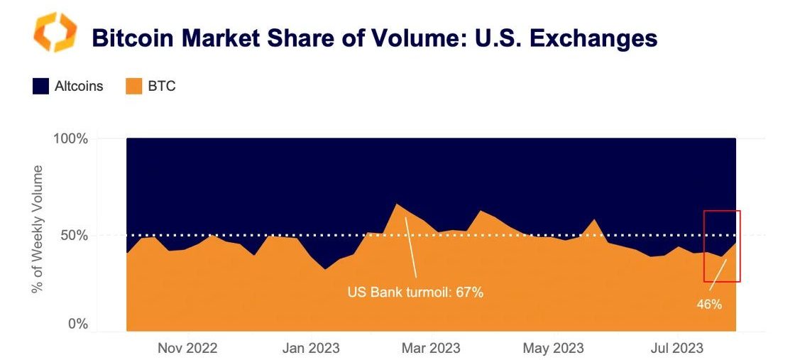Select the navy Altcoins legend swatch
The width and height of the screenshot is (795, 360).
pyautogui.click(x=40, y=87)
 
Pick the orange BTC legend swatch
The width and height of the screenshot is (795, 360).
pyautogui.click(x=134, y=87)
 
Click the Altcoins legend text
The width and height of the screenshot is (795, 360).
pyautogui.click(x=79, y=87)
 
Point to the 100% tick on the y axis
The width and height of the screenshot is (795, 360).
pyautogui.click(x=71, y=138)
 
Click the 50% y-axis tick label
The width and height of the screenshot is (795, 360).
pyautogui.click(x=75, y=235)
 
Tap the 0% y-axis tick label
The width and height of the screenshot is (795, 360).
pyautogui.click(x=77, y=324)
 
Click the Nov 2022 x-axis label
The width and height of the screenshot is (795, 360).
pyautogui.click(x=187, y=348)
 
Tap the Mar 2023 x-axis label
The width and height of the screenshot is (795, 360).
pyautogui.click(x=430, y=348)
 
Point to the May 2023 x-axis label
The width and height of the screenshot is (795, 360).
pyautogui.click(x=553, y=348)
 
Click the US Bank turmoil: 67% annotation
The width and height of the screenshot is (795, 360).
pyautogui.click(x=415, y=291)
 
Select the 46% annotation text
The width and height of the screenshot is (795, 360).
pyautogui.click(x=709, y=304)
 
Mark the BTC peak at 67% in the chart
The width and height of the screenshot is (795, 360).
pyautogui.click(x=396, y=204)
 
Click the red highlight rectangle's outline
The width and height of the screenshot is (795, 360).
pyautogui.click(x=740, y=246)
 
